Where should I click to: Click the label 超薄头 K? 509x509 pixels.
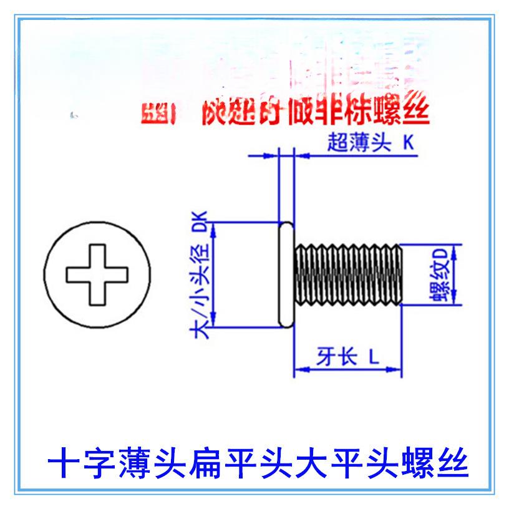point(370,143)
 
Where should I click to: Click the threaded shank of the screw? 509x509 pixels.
point(349,274)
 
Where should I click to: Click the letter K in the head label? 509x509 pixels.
point(408,143)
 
